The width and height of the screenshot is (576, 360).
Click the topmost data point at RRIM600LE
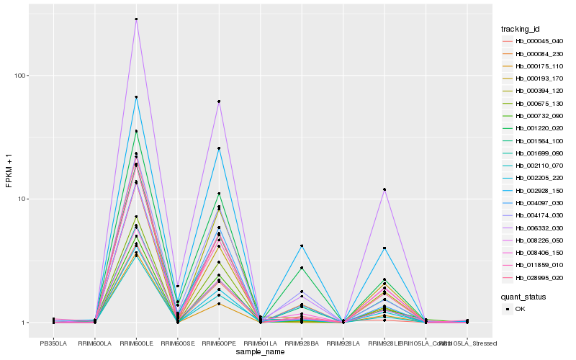[x=136, y=19]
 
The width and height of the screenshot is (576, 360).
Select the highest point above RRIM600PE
[x=219, y=102]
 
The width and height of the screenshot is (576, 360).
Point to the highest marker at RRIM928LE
[x=384, y=189]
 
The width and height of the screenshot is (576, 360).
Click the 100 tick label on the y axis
[x=20, y=76]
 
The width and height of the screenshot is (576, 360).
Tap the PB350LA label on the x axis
[x=53, y=343]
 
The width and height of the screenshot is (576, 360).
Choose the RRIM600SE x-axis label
[x=177, y=343]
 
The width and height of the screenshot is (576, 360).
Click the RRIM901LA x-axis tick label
[x=260, y=343]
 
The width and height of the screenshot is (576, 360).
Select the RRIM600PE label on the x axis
[x=219, y=343]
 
